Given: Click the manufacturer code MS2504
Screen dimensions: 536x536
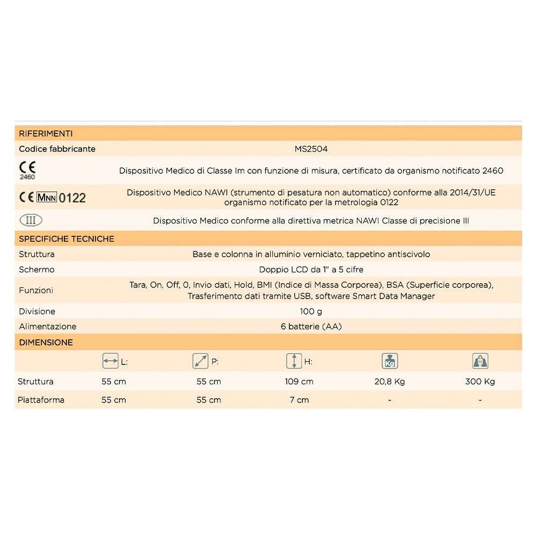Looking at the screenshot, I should click(x=311, y=149).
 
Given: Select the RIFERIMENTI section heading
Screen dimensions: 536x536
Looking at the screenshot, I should click(x=46, y=133).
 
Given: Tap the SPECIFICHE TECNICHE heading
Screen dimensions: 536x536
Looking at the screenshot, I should click(x=66, y=239).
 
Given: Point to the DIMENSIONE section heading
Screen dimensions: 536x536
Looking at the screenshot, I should click(x=46, y=343).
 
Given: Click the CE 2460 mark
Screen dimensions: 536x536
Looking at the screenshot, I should click(x=27, y=169).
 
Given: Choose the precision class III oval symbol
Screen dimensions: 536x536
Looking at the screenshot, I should click(x=31, y=220).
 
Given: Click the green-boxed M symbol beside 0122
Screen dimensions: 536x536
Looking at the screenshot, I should click(x=46, y=197).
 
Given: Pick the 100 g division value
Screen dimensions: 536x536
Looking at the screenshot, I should click(x=311, y=311).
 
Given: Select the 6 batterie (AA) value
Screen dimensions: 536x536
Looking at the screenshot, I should click(x=311, y=326).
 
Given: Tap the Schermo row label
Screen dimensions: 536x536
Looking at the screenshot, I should click(x=36, y=270).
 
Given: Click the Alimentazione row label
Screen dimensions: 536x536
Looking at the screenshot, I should click(x=48, y=326).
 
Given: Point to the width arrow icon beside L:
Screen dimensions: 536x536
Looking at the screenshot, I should click(x=110, y=361).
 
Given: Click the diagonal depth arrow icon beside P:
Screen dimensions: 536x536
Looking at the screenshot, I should click(x=200, y=361).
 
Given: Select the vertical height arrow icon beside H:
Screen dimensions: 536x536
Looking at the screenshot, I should click(x=294, y=361).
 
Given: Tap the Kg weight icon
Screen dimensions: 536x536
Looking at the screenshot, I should click(x=389, y=361).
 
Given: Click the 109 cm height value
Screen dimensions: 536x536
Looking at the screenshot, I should click(x=299, y=382).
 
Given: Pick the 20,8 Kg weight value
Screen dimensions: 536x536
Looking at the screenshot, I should click(x=389, y=382).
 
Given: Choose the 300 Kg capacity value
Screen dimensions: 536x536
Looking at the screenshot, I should click(x=480, y=382).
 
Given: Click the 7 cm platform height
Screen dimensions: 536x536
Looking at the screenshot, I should click(x=299, y=400).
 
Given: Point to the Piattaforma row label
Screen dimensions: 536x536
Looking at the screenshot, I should click(x=41, y=400).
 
